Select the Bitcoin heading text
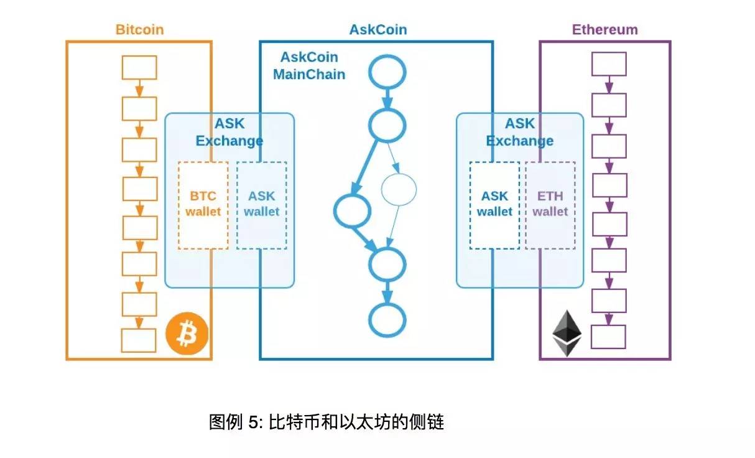139,29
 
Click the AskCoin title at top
378,29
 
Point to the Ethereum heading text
604,29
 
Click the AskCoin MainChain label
309,65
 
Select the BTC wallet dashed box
203,205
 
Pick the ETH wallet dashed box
550,205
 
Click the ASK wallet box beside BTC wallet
261,205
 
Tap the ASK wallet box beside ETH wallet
495,205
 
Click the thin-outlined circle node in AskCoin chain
398,190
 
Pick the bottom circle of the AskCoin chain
387,320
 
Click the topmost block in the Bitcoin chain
139,67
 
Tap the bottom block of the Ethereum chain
608,337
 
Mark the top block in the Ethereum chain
608,64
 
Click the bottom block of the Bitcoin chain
139,340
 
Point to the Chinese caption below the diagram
326,422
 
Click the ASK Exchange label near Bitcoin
229,132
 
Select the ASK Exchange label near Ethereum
520,132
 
